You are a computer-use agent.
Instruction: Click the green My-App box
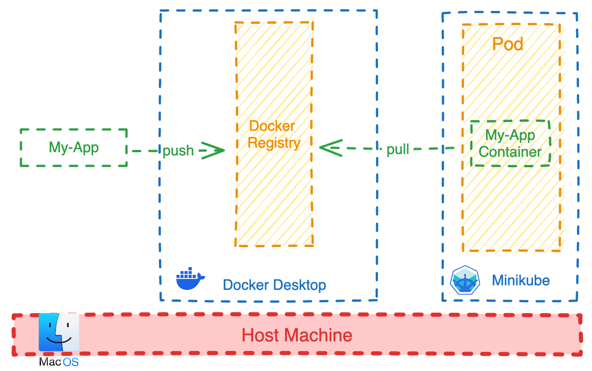tap(74, 148)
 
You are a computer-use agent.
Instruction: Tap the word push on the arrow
tap(178, 150)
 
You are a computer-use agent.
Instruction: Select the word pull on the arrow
tap(398, 149)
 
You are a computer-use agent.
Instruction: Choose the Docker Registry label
tap(274, 134)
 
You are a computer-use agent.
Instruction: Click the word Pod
tap(508, 44)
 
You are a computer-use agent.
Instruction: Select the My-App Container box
tap(510, 144)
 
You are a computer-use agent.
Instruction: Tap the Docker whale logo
tap(190, 278)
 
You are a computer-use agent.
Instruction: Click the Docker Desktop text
tap(274, 285)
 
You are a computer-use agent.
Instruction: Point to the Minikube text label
tap(521, 280)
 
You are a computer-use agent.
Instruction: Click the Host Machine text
tap(297, 335)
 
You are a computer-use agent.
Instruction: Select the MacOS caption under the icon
tap(59, 362)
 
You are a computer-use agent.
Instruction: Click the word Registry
tap(274, 143)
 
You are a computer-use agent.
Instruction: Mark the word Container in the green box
tap(510, 152)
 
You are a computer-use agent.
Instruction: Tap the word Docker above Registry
tap(272, 126)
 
